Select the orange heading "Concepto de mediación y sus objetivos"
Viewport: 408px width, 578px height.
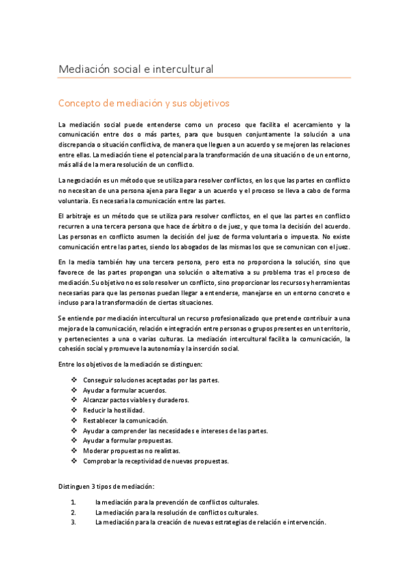pos(144,104)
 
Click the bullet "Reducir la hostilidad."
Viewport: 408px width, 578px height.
pos(113,410)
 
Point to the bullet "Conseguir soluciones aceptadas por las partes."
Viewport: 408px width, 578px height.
pos(151,380)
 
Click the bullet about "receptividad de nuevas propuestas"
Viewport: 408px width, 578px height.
pos(156,461)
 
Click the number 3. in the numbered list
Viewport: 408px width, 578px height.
pos(74,522)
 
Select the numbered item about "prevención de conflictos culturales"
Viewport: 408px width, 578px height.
pos(177,502)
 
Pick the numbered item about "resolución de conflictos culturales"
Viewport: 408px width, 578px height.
pos(177,512)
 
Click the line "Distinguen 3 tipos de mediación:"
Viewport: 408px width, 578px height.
pos(106,486)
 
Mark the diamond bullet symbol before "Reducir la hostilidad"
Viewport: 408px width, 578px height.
pos(74,410)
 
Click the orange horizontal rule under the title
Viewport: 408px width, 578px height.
pos(204,78)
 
